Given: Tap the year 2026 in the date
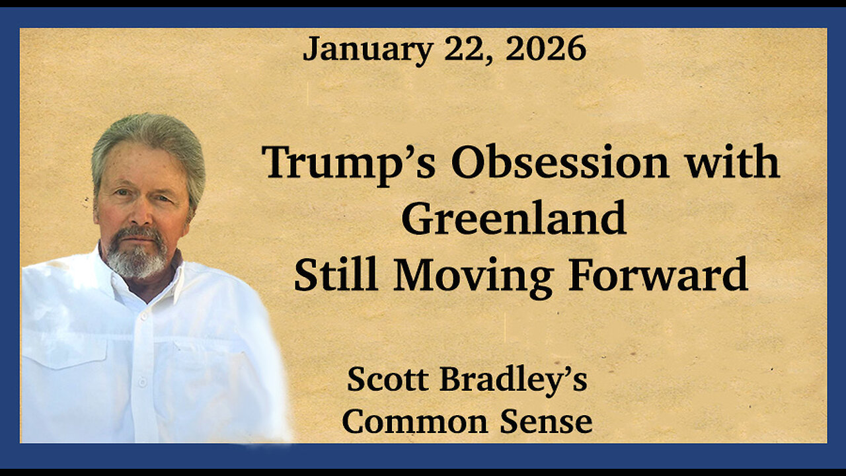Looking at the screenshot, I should point(545,49).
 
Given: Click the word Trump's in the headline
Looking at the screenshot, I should point(349,163).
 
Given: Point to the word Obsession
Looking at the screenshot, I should point(560,163).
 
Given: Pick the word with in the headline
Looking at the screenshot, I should point(732,163).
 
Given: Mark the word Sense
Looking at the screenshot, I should point(545,422).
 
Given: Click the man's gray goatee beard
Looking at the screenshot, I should point(137,258).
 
